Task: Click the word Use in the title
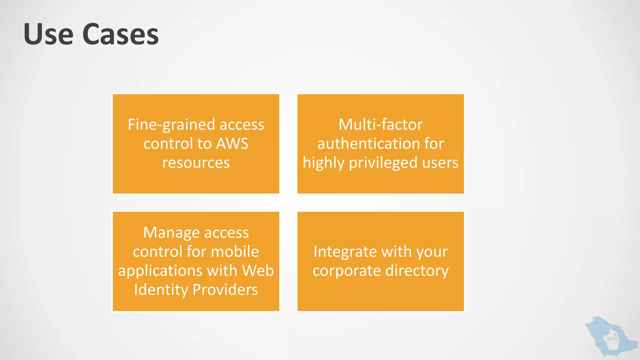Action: (x=48, y=34)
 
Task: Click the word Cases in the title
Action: (x=121, y=34)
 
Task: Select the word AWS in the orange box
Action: (x=232, y=144)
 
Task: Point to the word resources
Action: (x=196, y=163)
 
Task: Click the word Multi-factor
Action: (x=381, y=125)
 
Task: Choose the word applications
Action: (x=160, y=271)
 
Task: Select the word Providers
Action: (x=225, y=290)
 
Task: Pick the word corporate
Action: (x=347, y=271)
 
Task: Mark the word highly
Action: (x=323, y=163)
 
